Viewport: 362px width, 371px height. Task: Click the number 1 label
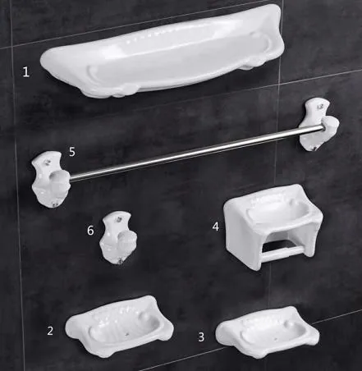pos(25,72)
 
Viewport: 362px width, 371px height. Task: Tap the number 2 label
pos(50,331)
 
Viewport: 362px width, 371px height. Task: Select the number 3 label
pos(201,337)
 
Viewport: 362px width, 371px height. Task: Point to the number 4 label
pos(216,227)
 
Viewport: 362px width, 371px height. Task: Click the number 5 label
pos(72,152)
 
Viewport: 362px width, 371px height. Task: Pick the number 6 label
pos(90,231)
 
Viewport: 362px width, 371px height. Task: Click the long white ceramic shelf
pos(163,52)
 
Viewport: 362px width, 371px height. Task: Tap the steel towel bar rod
pos(196,153)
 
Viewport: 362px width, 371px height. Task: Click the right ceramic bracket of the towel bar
pos(318,125)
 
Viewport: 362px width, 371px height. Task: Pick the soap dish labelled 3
pos(268,332)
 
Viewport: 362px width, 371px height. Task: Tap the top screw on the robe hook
pos(119,219)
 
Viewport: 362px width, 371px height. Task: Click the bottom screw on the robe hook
pos(120,261)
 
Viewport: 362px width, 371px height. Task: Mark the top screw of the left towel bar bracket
pos(48,162)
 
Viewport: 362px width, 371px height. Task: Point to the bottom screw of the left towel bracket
pos(53,204)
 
